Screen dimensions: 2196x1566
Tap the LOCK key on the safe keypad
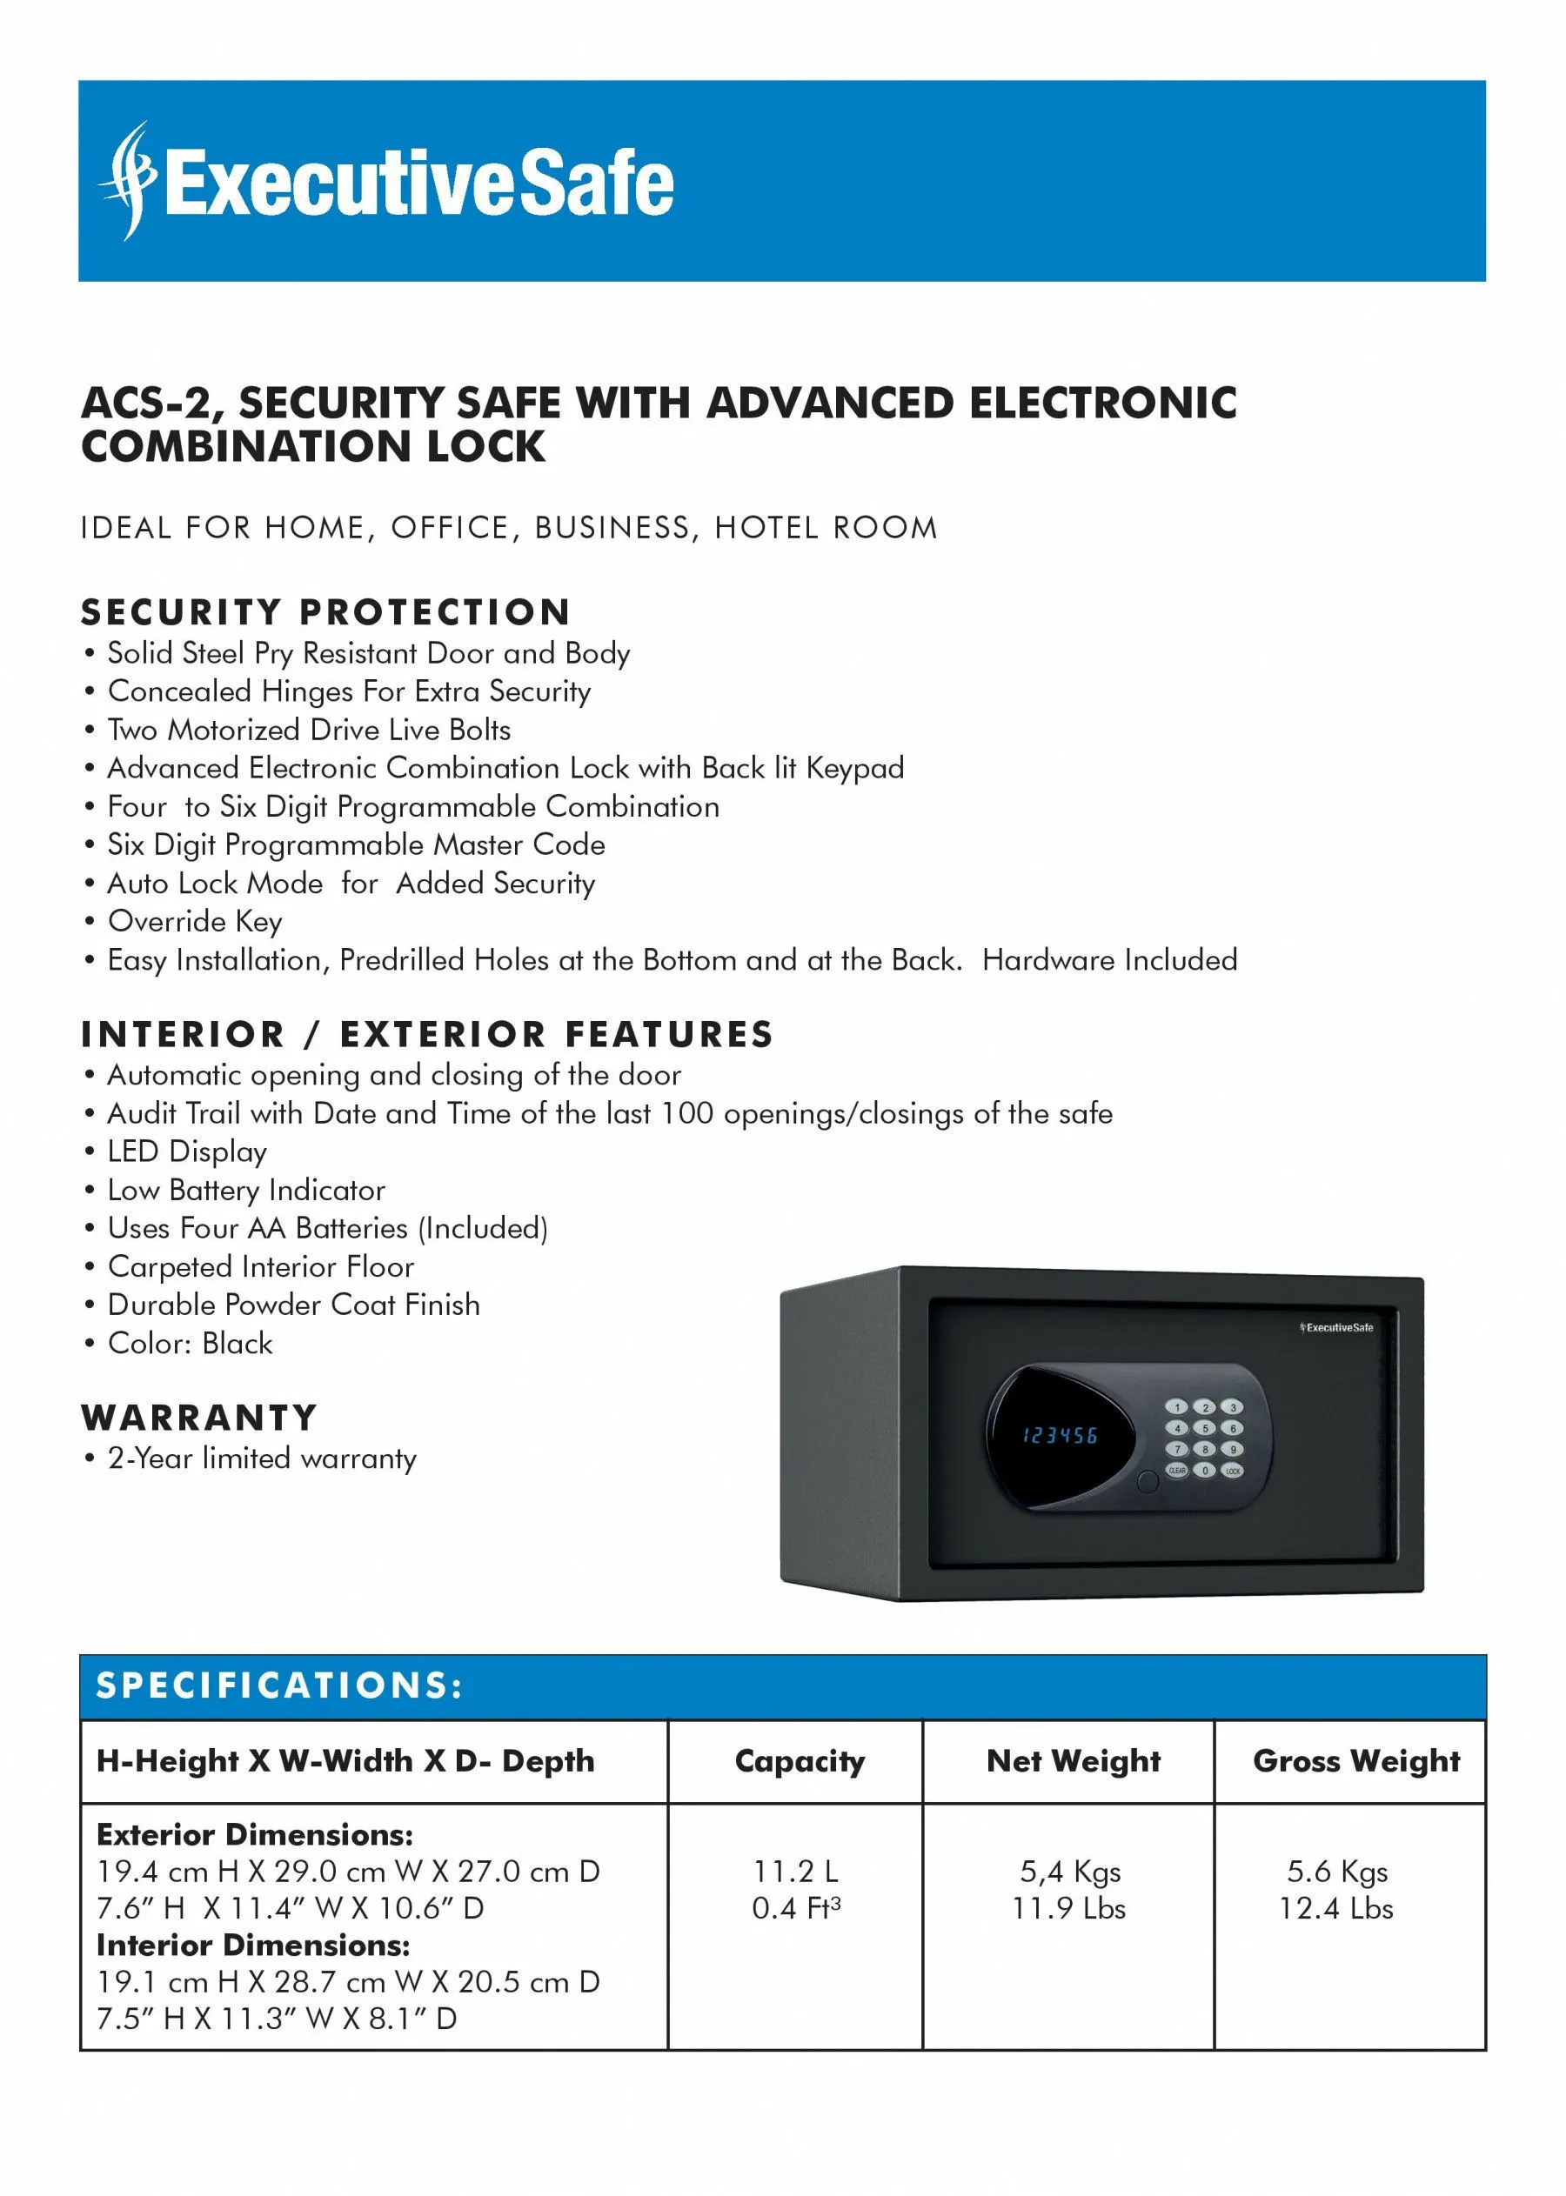1233,1471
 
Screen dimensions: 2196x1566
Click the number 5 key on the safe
1204,1429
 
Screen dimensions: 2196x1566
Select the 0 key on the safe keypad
1204,1470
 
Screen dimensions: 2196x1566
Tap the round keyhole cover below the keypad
1148,1482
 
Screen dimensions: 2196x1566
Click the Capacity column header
800,1761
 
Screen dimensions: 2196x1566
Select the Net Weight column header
1074,1761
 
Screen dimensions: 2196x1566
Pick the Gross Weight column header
1355,1761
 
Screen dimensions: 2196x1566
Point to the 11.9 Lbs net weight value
1068,1908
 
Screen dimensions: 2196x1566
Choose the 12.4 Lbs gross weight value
1335,1908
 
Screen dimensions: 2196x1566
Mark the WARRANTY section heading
198,1418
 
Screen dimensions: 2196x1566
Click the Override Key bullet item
195,922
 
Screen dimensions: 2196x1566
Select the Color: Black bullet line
190,1343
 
